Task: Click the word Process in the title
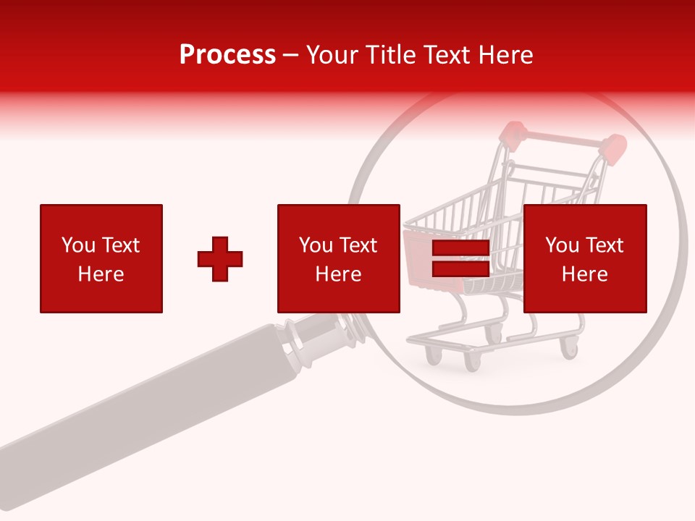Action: [227, 55]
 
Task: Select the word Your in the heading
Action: [331, 55]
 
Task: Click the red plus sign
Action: [220, 259]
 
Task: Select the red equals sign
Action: [460, 259]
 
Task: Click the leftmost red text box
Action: [101, 258]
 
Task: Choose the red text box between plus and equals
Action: [339, 258]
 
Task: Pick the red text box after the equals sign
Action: [585, 258]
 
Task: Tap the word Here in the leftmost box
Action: [101, 274]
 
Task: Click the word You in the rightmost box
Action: [562, 245]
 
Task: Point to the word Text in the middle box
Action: [359, 245]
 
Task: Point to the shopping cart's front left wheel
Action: [434, 355]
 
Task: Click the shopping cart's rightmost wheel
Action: [570, 350]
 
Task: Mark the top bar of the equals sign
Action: [460, 249]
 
